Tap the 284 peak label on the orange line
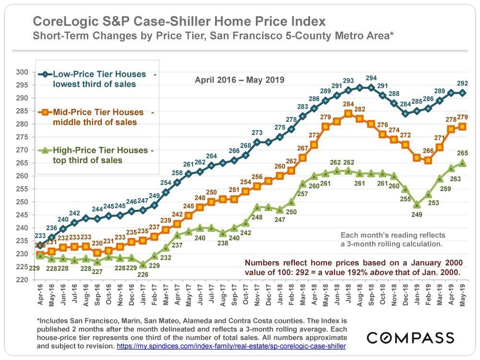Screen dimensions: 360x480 [x=348, y=105]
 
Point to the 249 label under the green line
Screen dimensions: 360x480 [x=417, y=214]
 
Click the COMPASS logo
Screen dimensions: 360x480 [x=411, y=337]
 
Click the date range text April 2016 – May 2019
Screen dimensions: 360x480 [x=240, y=80]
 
